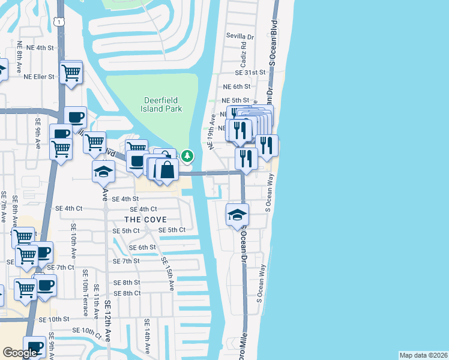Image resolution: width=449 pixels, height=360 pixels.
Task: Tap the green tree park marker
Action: pyautogui.click(x=188, y=156)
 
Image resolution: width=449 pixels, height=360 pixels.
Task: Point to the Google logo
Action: pyautogui.click(x=20, y=352)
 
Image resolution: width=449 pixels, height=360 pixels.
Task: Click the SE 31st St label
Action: pyautogui.click(x=250, y=72)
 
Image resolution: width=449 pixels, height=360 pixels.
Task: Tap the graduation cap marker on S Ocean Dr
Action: pyautogui.click(x=238, y=214)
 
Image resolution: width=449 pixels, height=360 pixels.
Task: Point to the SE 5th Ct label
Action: pyautogui.click(x=172, y=230)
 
